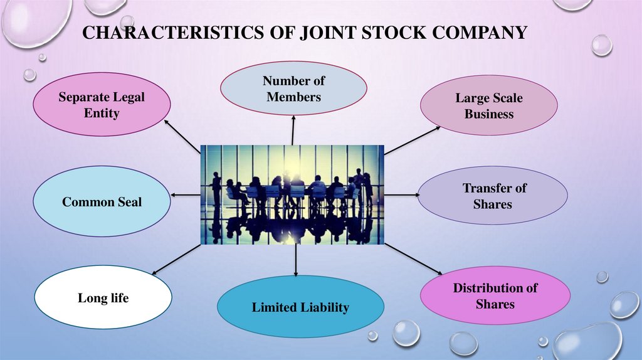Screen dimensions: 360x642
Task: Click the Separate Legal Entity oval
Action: pos(101,105)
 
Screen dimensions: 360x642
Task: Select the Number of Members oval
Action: pos(293,89)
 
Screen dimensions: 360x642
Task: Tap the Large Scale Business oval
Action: pos(488,106)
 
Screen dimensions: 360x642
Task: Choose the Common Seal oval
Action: pos(102,202)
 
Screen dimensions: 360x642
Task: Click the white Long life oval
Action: pos(103,298)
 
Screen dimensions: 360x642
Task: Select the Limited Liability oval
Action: pos(300,307)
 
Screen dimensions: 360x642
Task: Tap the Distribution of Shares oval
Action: pos(495,295)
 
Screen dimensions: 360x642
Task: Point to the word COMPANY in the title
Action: pos(479,33)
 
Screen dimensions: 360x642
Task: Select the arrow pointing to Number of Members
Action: pos(293,132)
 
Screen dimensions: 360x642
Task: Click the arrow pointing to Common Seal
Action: pos(186,196)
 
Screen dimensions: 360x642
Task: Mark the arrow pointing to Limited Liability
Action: pos(295,260)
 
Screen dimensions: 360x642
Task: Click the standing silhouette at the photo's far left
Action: pos(216,188)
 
